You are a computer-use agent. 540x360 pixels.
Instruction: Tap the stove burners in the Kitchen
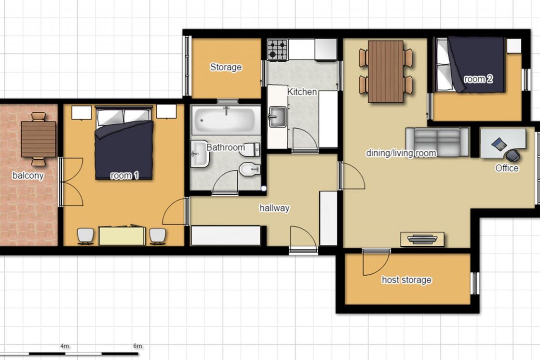click(x=278, y=50)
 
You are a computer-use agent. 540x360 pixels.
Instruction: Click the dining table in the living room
click(x=386, y=72)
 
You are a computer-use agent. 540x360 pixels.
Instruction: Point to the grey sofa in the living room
click(x=437, y=142)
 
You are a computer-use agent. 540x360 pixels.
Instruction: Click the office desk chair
click(x=513, y=155)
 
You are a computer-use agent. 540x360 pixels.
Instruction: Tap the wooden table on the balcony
click(x=39, y=139)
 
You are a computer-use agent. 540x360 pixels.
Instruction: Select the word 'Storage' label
click(x=226, y=67)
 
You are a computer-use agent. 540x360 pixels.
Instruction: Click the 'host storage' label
click(x=406, y=280)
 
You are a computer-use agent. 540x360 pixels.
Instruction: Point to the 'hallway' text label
click(x=274, y=208)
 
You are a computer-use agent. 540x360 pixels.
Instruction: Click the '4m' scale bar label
click(x=65, y=346)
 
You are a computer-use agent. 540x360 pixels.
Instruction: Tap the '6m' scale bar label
click(x=137, y=346)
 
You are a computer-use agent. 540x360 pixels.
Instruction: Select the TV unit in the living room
click(x=422, y=239)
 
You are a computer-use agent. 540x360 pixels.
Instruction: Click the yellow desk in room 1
click(x=122, y=235)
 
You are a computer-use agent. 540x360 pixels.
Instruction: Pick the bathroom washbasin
click(x=200, y=154)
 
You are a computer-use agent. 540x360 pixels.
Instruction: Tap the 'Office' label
click(x=507, y=168)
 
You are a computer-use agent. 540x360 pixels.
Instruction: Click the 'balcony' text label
click(x=28, y=175)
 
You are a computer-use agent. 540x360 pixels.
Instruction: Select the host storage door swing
click(x=376, y=262)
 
